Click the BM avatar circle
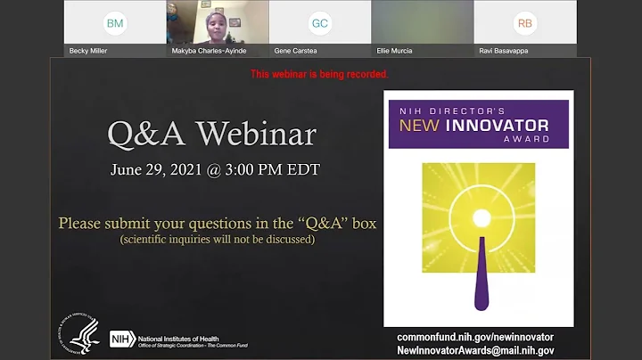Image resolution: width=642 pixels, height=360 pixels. coord(115,22)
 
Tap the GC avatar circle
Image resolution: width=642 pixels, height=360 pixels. coord(320,23)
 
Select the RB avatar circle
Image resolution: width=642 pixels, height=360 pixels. coord(525,23)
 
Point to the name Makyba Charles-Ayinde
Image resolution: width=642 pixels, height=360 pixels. coord(208,51)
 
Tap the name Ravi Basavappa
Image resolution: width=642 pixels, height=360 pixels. coord(504,51)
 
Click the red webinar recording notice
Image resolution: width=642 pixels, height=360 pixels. coord(319,74)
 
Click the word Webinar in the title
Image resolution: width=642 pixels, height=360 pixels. coord(257,135)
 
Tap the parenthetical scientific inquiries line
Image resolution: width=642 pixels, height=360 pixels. coord(218,240)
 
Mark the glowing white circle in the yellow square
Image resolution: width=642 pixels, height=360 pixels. coord(481,218)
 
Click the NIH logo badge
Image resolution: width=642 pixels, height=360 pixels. coord(121,339)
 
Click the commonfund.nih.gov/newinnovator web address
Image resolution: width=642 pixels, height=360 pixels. coord(475,337)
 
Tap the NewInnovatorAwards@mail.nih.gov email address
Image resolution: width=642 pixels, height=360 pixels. coord(475,350)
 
